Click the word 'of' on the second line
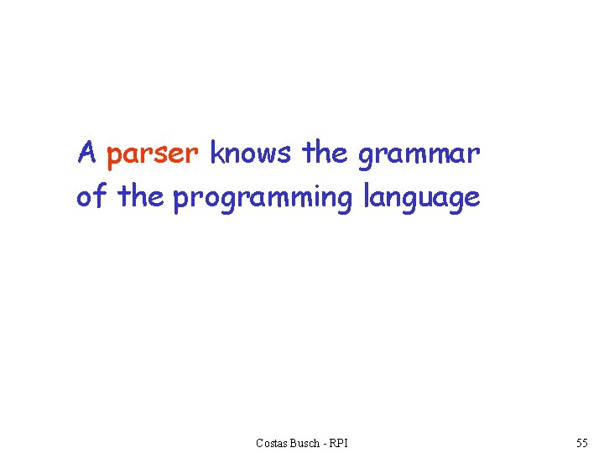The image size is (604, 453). (91, 197)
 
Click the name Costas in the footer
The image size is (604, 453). (273, 442)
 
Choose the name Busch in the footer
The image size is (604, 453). (305, 442)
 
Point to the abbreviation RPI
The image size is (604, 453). (339, 442)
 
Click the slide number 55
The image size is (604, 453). (582, 442)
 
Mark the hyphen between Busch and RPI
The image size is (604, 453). (325, 443)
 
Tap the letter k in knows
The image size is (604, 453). (216, 154)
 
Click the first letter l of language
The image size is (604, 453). (367, 196)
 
